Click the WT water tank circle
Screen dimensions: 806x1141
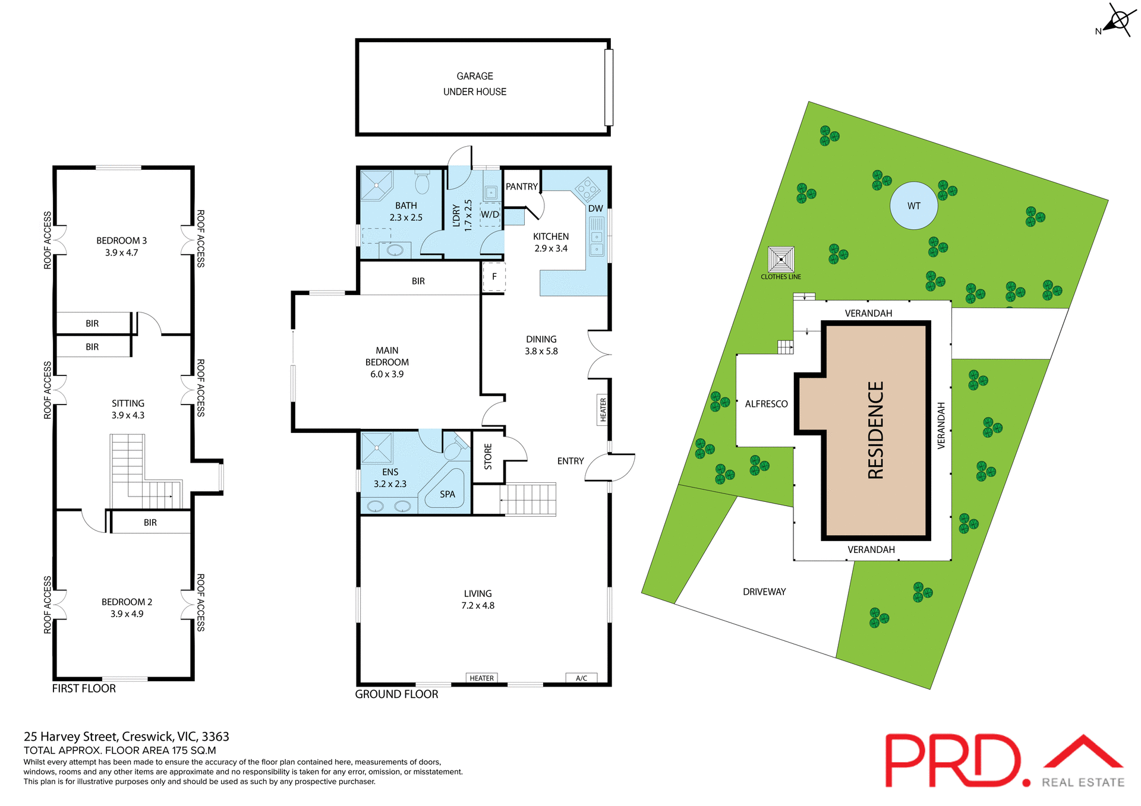tap(913, 206)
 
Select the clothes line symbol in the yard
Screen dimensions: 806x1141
tap(780, 260)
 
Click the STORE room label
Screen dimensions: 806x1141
tap(488, 457)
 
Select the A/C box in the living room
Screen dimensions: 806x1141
tap(581, 678)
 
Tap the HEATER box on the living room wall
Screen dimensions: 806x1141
tap(481, 678)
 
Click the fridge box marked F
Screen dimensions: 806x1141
tap(494, 277)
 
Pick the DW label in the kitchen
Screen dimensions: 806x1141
tap(595, 208)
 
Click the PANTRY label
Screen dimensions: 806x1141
tap(521, 187)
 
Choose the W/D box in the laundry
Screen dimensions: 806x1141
tap(490, 214)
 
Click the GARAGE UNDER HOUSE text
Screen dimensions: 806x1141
tap(475, 84)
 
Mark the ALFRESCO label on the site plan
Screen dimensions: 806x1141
tap(766, 404)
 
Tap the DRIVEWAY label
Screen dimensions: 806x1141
tap(764, 592)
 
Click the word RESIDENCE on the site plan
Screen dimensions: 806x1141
tap(875, 430)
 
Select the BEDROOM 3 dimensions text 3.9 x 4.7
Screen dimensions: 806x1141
tap(121, 252)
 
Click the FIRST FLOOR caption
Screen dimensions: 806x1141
tap(84, 688)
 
